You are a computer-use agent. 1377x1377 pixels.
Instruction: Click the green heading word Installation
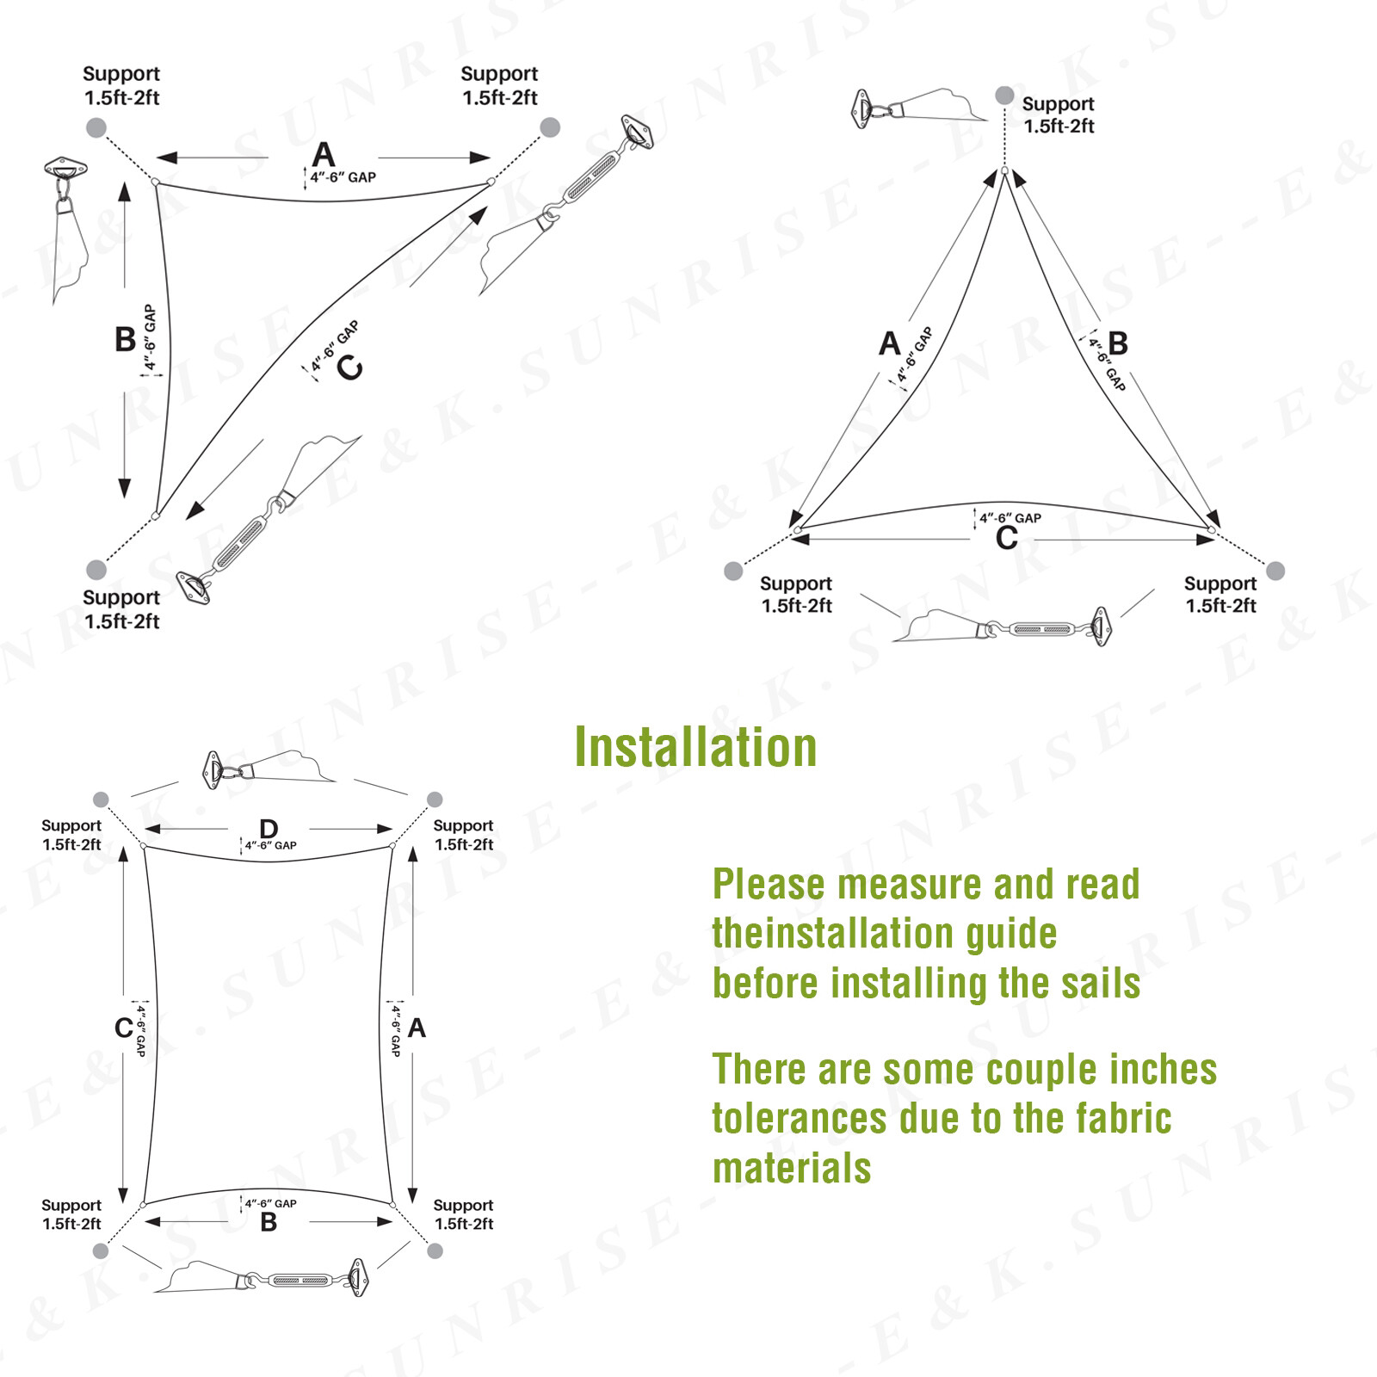coord(695,747)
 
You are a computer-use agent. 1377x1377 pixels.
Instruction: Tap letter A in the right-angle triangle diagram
coord(323,155)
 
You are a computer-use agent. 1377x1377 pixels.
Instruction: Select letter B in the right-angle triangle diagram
coord(125,339)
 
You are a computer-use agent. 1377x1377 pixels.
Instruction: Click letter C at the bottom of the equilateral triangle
coord(1006,539)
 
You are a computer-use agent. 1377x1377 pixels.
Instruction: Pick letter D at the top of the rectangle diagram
coord(269,829)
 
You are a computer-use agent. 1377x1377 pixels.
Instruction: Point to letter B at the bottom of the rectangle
coord(269,1222)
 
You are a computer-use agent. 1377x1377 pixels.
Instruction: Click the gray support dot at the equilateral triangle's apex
coord(1003,95)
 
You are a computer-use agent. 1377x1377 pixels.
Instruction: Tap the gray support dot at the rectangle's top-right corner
coord(435,800)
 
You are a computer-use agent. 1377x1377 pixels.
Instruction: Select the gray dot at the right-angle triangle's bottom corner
coord(96,569)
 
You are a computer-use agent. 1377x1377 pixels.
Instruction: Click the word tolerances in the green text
coord(799,1119)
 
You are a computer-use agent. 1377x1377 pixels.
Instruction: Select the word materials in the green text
coord(792,1169)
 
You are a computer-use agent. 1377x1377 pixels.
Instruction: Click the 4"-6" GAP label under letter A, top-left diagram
coord(343,177)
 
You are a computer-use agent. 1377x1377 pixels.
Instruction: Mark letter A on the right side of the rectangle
coord(417,1028)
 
